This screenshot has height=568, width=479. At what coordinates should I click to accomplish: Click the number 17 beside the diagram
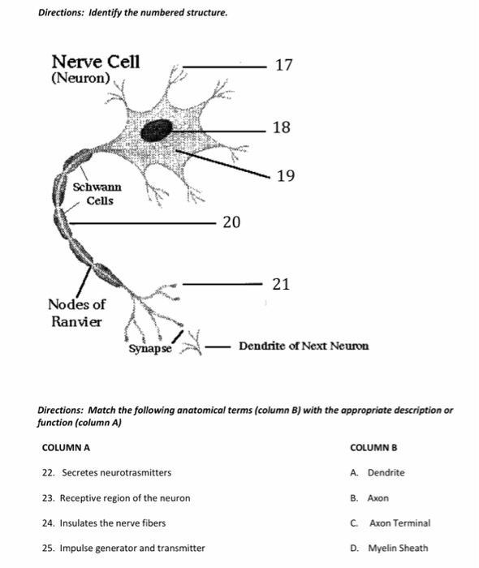point(284,64)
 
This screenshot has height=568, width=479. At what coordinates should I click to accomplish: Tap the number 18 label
point(282,127)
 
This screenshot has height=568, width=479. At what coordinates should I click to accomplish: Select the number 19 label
point(285,175)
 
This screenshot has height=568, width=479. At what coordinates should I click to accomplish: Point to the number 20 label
point(231,222)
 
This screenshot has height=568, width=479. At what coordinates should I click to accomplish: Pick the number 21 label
point(281,284)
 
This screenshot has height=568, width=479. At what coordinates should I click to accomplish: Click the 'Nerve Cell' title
point(95,62)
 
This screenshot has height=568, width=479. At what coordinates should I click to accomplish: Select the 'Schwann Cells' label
point(93,193)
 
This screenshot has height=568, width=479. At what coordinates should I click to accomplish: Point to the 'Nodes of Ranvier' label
point(76,312)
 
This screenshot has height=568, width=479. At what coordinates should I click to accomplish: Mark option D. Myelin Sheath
point(389,549)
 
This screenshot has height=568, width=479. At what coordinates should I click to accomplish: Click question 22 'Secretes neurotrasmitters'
point(106,472)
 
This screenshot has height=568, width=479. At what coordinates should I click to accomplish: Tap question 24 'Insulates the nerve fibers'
point(104,523)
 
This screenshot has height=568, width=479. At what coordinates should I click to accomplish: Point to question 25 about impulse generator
point(123,549)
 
